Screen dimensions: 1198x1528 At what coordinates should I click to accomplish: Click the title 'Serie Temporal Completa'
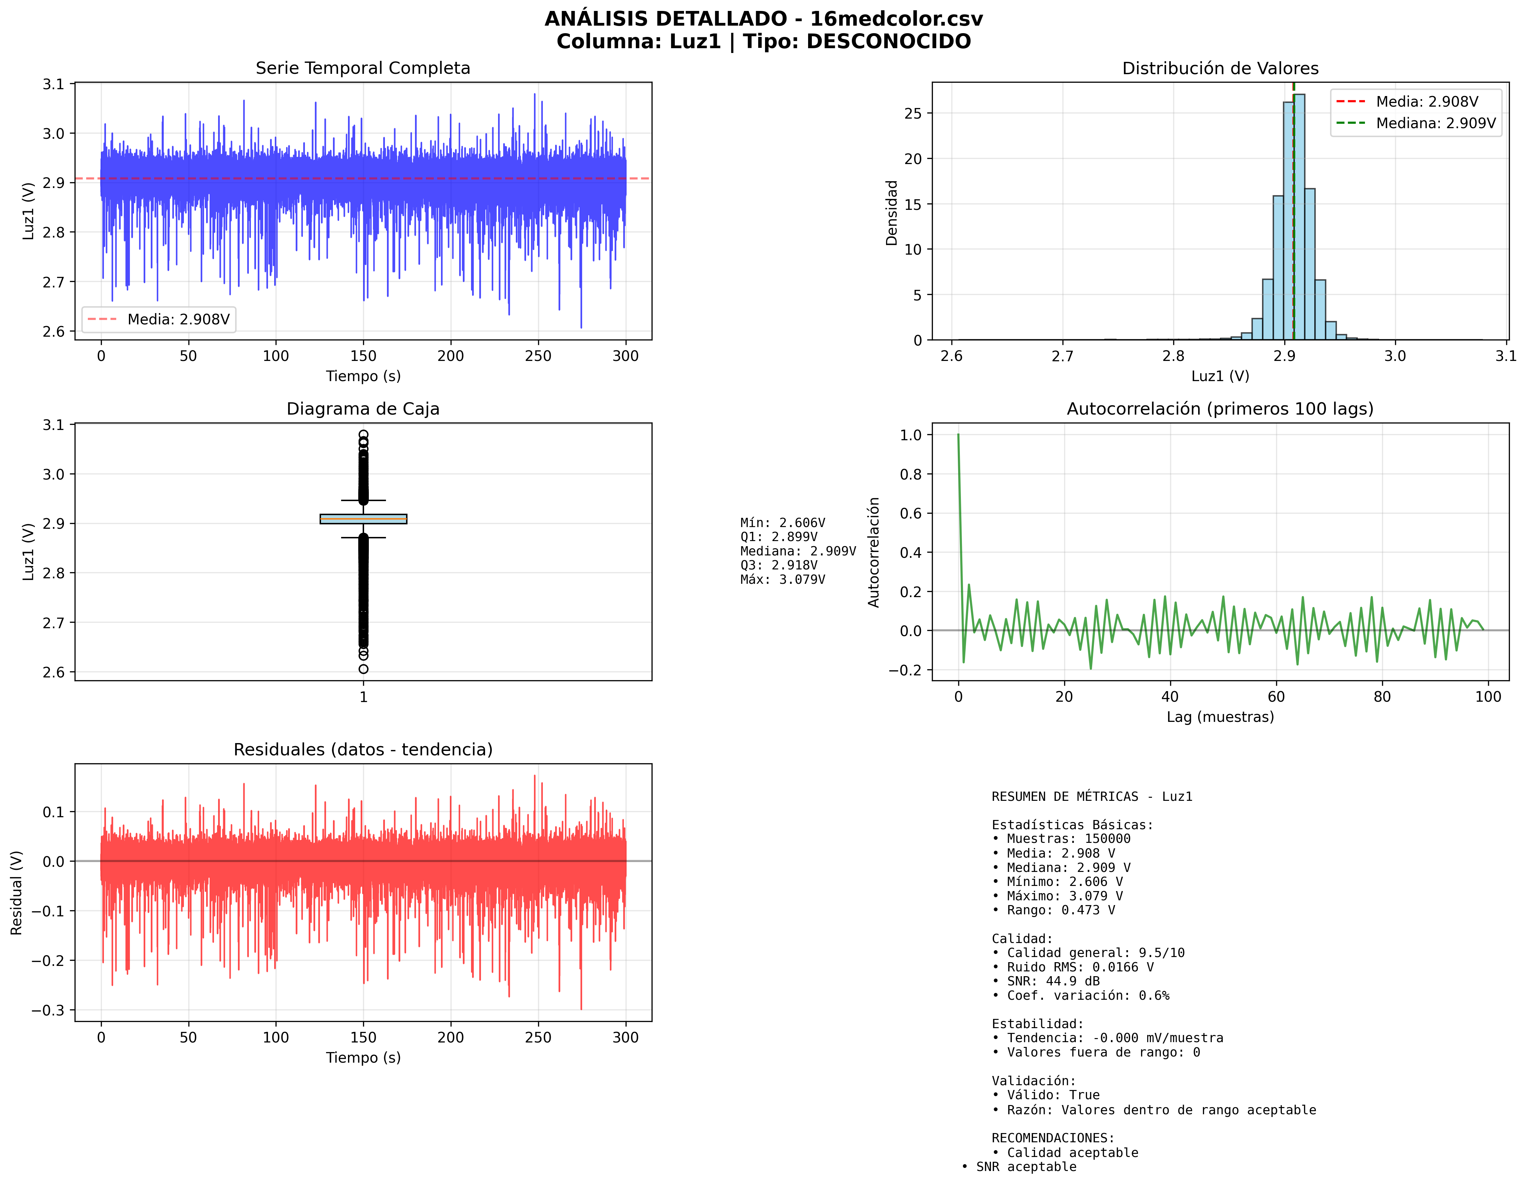(x=363, y=68)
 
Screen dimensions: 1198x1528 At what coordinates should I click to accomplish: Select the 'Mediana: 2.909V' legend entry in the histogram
(x=1435, y=123)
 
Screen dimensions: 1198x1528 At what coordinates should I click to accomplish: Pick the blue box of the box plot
(x=363, y=519)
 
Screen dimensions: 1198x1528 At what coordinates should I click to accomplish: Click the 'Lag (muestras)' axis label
(x=1220, y=717)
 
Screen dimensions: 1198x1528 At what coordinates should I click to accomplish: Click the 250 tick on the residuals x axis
(x=538, y=1037)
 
